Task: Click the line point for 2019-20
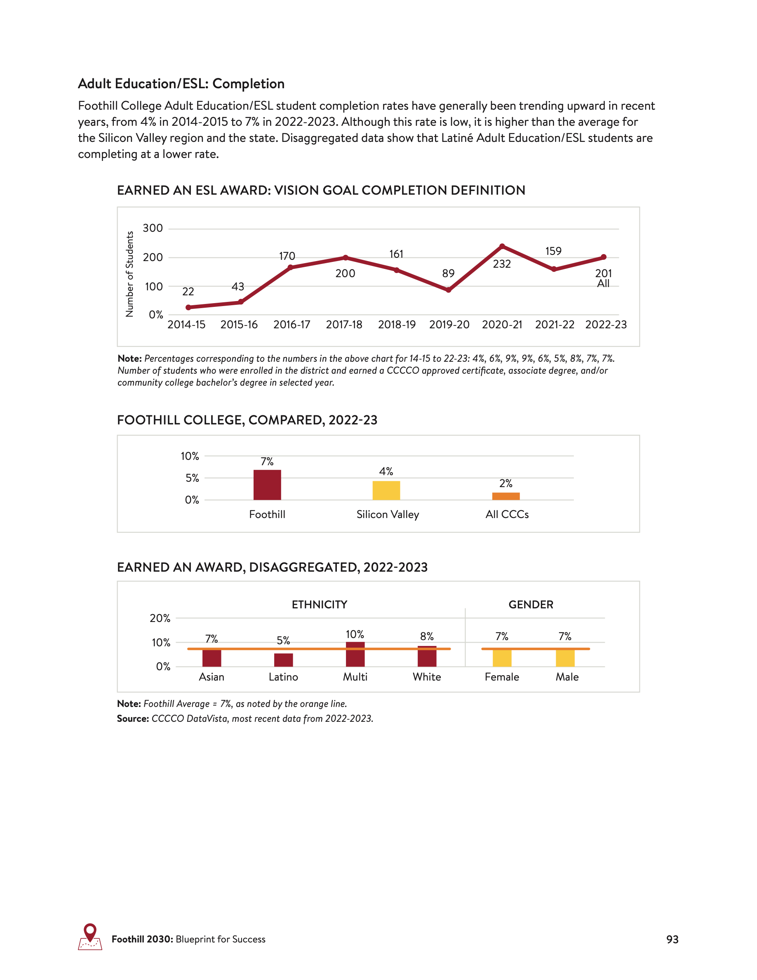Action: (449, 290)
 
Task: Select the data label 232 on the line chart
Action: (502, 264)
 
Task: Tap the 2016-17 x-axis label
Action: (292, 325)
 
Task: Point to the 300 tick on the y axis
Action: (153, 229)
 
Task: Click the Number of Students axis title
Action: (129, 274)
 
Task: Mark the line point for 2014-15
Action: (188, 307)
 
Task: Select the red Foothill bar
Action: (267, 485)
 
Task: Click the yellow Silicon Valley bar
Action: (386, 490)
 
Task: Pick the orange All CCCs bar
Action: (506, 496)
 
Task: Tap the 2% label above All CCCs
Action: (506, 483)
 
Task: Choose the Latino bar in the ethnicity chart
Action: (283, 660)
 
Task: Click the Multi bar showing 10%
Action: (355, 654)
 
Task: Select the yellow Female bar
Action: (502, 657)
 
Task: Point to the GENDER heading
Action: (531, 604)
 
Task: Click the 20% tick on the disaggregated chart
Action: (160, 618)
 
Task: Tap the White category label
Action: (427, 677)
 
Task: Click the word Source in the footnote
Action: (133, 719)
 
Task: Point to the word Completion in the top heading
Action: (249, 84)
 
